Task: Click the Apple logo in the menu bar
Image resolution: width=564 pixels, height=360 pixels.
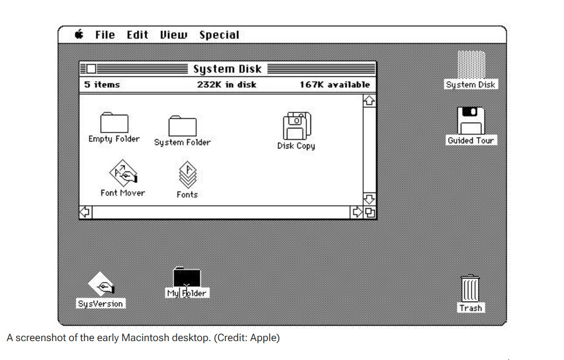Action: tap(79, 34)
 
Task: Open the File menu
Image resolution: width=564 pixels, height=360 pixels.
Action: tap(105, 35)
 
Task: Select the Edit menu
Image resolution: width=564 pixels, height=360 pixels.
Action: tap(137, 35)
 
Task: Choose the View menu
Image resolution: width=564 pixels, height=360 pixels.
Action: tap(174, 35)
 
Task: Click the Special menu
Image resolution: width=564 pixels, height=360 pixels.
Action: tap(219, 35)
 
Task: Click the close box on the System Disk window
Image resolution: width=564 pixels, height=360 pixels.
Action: tap(91, 69)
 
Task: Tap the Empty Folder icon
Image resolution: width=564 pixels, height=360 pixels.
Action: tap(114, 123)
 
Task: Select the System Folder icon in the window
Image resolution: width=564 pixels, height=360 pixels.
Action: tap(182, 126)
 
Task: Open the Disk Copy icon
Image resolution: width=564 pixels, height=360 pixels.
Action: tap(297, 126)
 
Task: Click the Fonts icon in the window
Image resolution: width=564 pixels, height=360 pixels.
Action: tap(188, 175)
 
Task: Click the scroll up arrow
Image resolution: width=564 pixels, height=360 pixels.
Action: tap(369, 100)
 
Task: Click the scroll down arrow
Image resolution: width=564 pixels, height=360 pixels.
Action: tap(369, 199)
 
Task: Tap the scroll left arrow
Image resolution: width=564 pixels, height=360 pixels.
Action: tap(85, 212)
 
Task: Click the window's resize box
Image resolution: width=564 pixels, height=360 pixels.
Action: tap(369, 212)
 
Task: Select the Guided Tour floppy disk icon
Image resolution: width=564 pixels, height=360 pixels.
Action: tap(471, 121)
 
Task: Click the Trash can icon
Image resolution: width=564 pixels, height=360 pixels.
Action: tap(470, 288)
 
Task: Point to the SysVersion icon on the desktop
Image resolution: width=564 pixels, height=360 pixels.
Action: tap(102, 284)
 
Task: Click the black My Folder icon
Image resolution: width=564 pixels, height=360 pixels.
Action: tap(186, 277)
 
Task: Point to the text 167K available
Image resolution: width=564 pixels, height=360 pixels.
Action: tap(335, 85)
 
